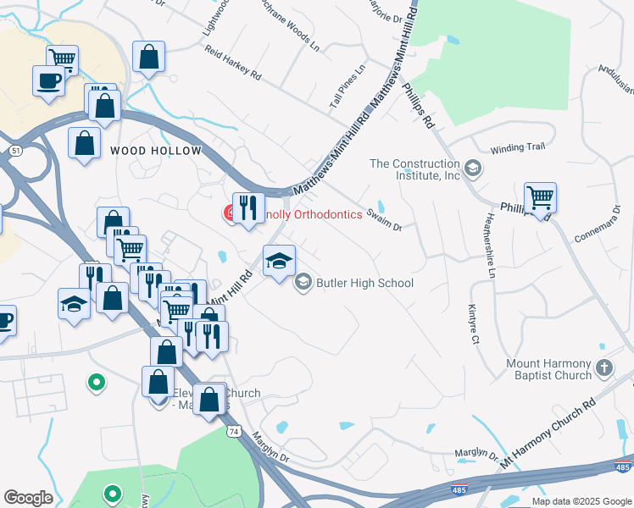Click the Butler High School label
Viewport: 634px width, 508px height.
point(364,283)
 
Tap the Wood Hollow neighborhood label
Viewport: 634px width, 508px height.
point(156,151)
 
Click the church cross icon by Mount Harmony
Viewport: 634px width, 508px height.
point(603,367)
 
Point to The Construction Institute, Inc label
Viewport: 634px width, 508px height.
point(414,169)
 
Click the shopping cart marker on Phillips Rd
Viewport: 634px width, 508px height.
point(540,198)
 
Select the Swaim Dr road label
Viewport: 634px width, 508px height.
point(385,220)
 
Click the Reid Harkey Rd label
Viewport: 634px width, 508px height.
point(232,63)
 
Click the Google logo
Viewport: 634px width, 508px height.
point(28,498)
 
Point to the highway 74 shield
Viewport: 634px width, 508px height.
point(232,432)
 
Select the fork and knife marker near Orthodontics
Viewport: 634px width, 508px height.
point(248,207)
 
